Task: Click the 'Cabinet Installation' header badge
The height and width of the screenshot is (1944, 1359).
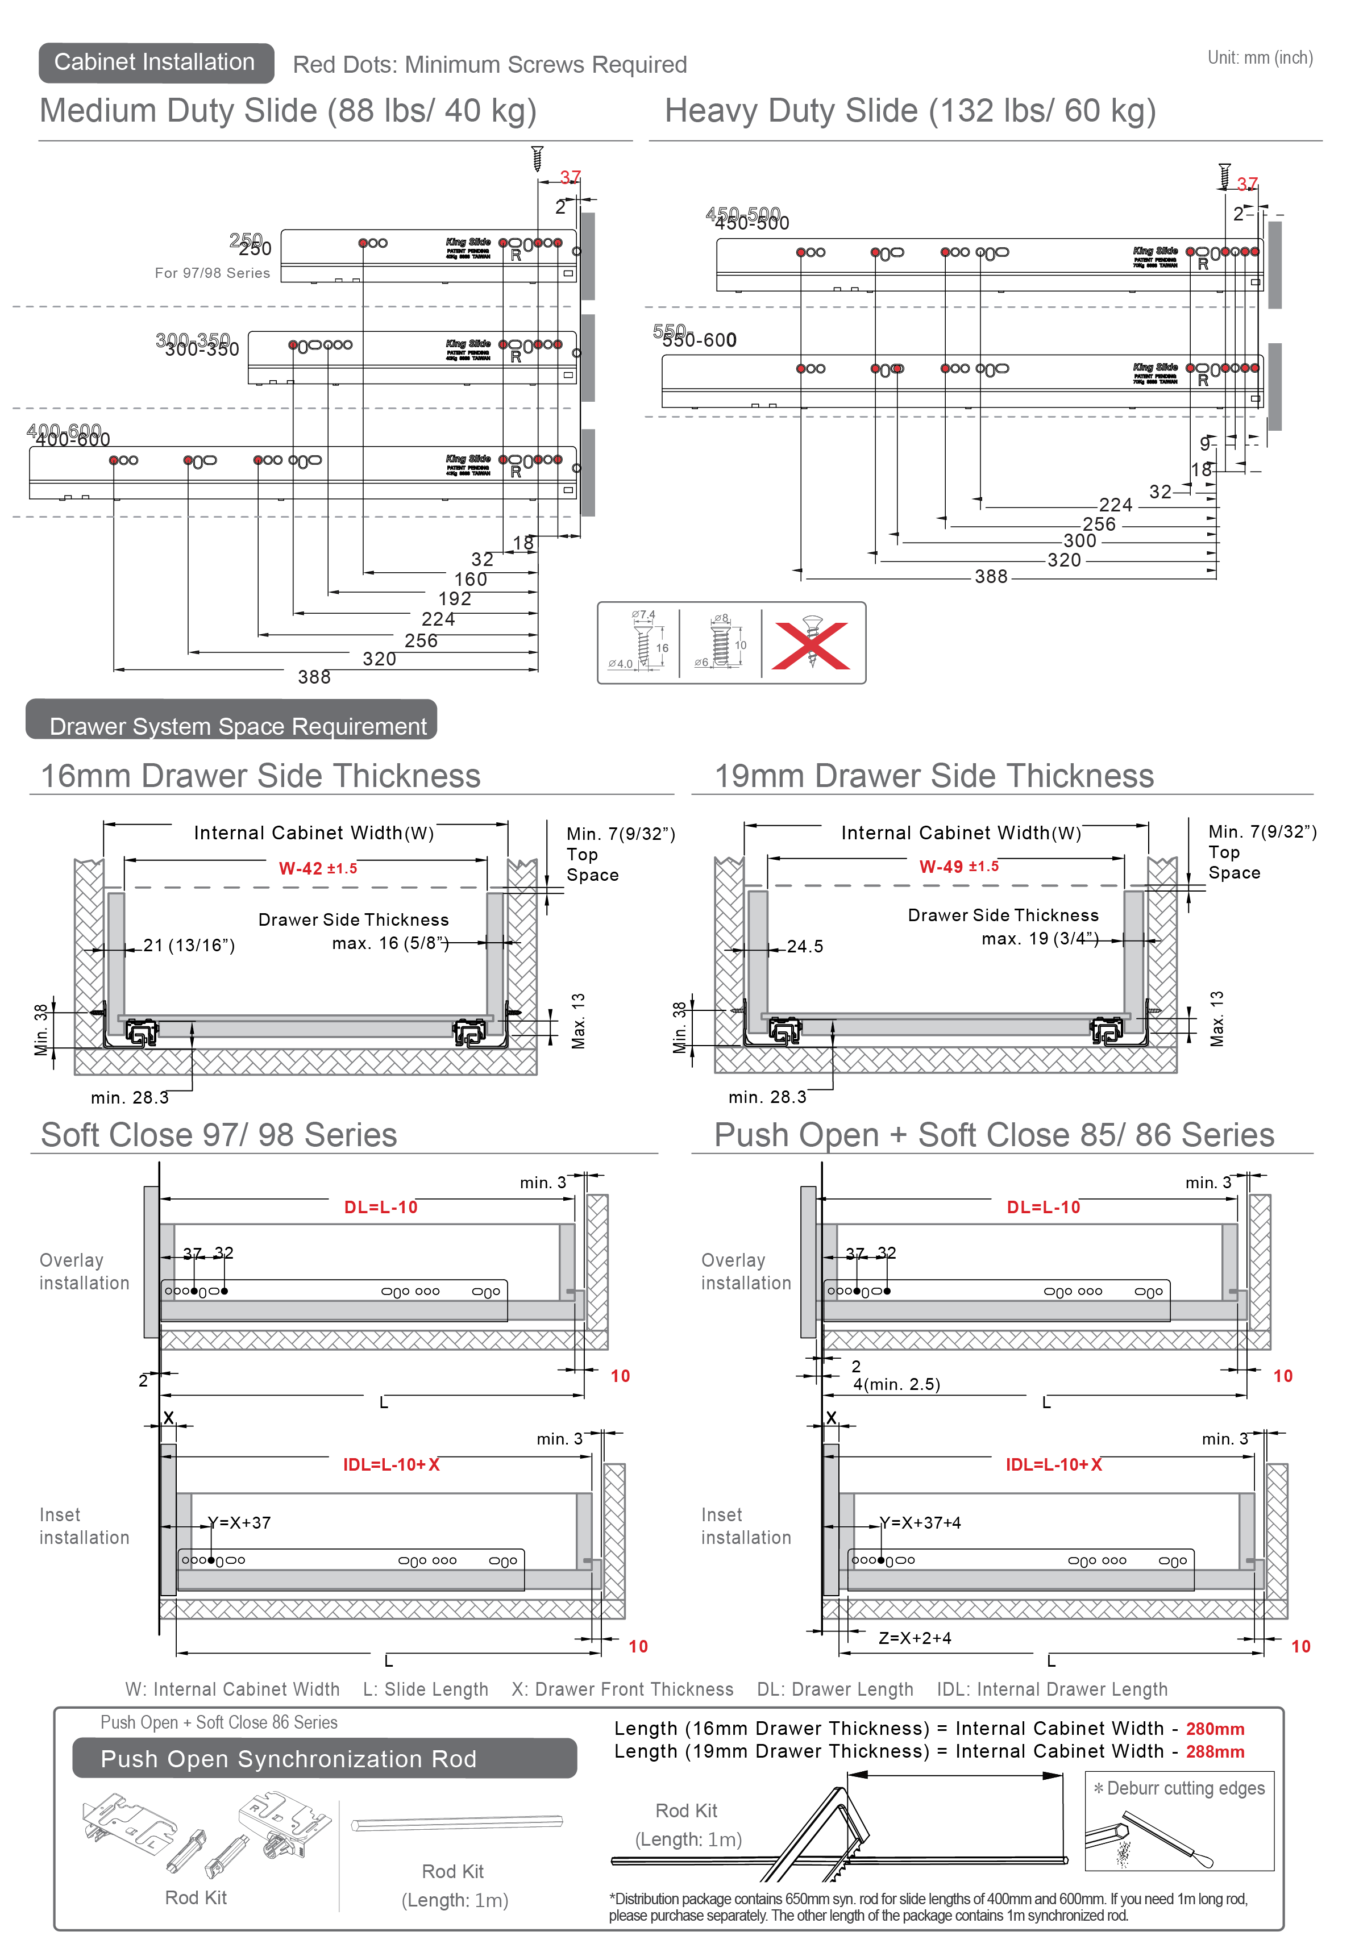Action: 156,63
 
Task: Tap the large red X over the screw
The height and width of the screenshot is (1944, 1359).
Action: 811,645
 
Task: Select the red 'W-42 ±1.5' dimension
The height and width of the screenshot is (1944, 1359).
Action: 318,868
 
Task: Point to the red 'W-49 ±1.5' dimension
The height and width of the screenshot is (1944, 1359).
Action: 958,866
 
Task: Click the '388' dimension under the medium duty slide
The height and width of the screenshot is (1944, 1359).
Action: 314,676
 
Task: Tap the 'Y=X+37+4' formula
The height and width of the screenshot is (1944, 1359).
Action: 920,1522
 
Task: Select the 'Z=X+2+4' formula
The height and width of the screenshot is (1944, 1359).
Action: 915,1638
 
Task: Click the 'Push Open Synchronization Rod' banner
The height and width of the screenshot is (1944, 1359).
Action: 288,1759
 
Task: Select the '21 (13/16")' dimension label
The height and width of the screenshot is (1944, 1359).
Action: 189,945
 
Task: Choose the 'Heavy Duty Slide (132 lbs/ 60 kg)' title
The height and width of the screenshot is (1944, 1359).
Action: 910,111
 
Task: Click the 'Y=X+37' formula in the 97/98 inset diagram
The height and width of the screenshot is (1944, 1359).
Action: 240,1522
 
